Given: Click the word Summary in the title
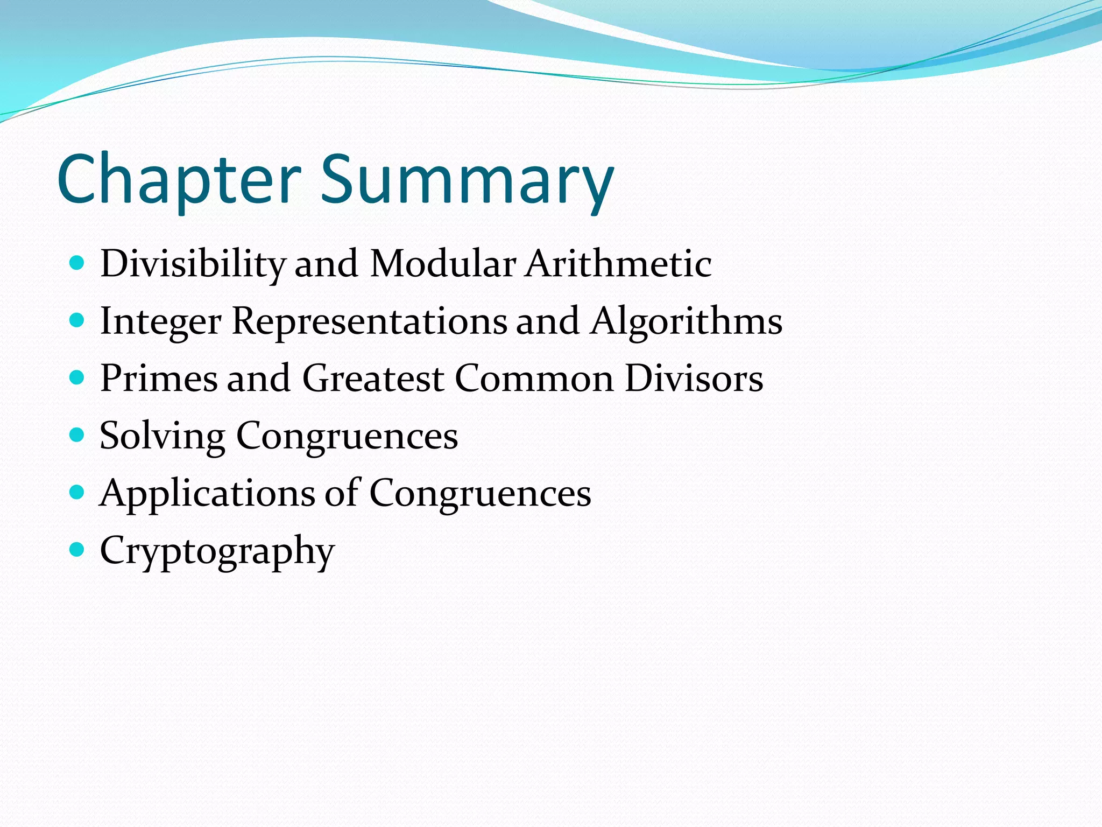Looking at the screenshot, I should point(467,179).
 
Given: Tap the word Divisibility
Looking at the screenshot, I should point(193,264).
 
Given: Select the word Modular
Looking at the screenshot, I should point(443,264).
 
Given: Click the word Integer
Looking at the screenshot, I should point(160,321).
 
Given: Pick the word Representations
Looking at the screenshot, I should point(369,321).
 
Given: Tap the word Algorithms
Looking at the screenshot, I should point(686,321).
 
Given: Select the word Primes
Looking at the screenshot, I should point(159,378).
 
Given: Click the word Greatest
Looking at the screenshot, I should point(373,378).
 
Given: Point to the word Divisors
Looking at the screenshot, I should point(694,378).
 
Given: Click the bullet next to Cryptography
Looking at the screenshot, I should point(77,550).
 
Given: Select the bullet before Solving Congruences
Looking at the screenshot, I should point(77,434).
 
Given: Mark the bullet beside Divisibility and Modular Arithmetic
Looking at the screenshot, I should point(77,263).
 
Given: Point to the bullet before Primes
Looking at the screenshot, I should point(77,377).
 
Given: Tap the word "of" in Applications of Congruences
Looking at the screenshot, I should point(341,493).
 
